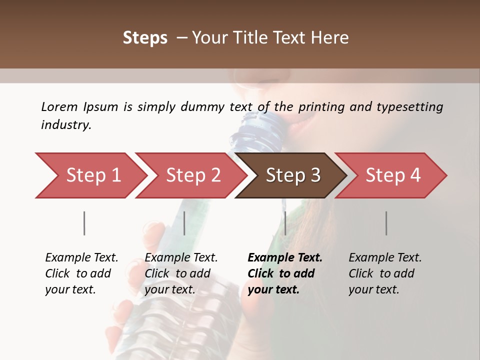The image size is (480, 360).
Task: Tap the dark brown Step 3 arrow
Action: pos(293,175)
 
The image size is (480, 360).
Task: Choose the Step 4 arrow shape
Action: pos(393,175)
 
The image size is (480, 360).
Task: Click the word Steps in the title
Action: pos(145,38)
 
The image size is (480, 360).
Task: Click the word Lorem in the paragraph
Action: pos(59,106)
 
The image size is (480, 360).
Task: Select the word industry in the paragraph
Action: pos(65,125)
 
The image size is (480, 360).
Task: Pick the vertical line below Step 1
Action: pos(84,223)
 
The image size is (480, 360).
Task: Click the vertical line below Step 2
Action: pos(184,223)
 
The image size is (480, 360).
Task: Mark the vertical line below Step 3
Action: pos(285,223)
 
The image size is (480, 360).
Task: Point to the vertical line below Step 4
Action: pos(386,223)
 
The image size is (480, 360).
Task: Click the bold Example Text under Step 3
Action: pos(285,258)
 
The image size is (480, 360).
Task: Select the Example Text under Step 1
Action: pos(81,258)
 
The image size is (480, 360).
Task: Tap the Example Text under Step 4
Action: pos(385,258)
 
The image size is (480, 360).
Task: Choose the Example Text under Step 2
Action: pos(181,258)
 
